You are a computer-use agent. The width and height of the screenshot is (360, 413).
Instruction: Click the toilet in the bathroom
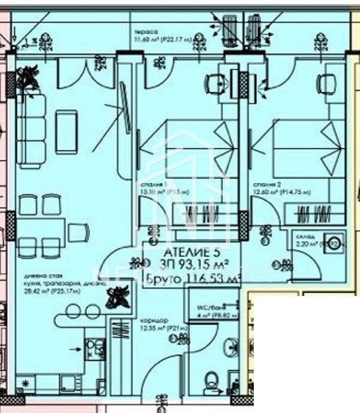coord(211,381)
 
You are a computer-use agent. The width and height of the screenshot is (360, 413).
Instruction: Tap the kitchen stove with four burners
coord(95,349)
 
